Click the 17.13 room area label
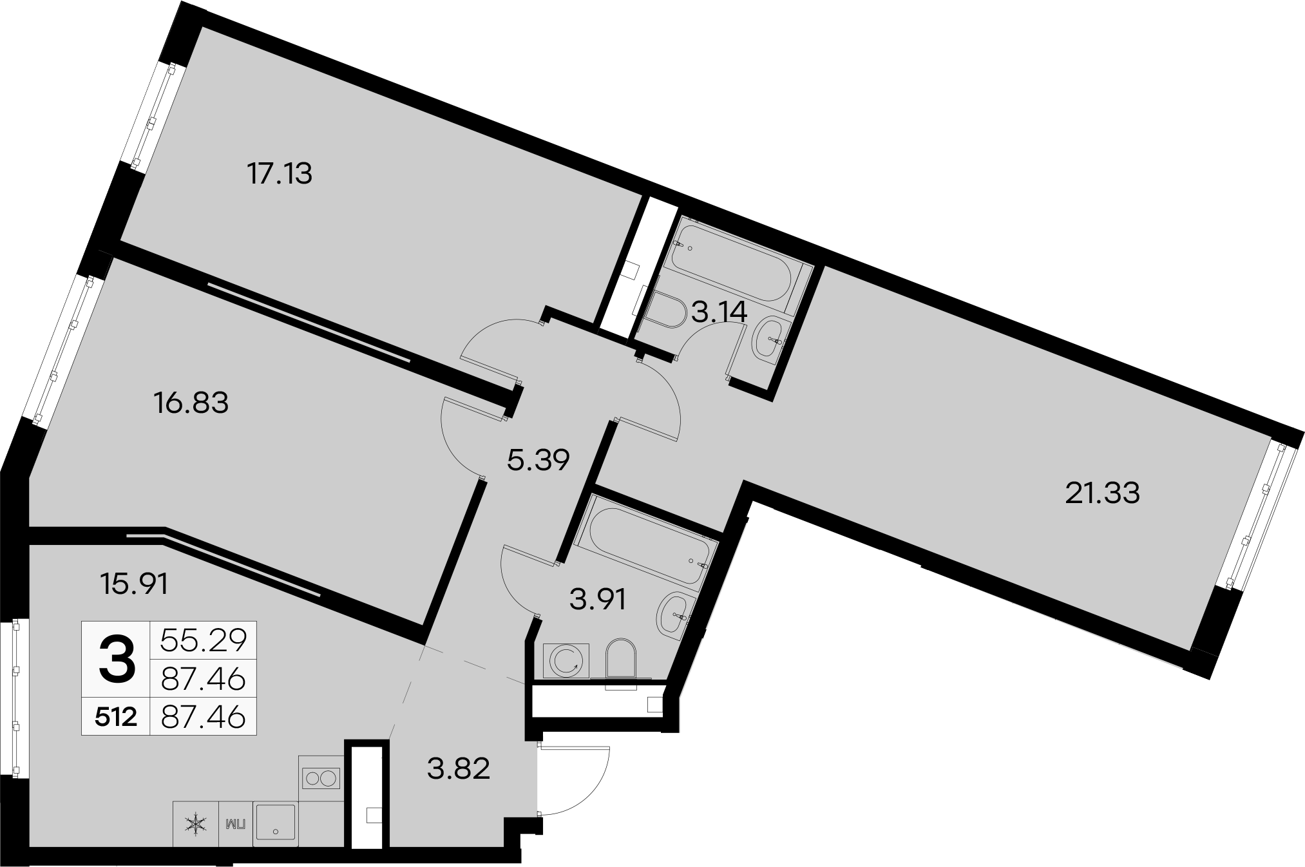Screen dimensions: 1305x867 point(280,174)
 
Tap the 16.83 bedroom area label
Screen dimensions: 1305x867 point(191,404)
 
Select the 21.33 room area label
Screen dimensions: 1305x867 point(1102,493)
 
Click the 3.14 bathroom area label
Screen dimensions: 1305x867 point(719,312)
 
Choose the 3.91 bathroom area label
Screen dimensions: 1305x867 point(598,600)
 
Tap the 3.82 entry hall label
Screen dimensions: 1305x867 point(459,768)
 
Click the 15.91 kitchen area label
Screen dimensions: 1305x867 point(135,584)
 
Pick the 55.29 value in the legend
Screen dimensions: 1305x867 point(203,640)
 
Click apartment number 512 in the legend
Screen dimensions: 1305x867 point(116,716)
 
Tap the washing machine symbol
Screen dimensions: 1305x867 point(566,660)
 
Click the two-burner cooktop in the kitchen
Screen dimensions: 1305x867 point(320,778)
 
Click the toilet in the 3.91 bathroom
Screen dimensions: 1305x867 point(621,658)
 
